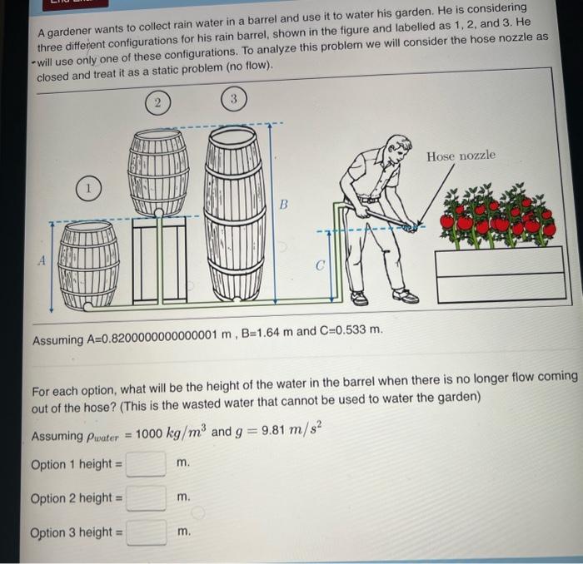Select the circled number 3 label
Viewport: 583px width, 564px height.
click(x=234, y=100)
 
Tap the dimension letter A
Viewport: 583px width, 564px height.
click(x=38, y=260)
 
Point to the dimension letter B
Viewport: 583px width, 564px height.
click(x=282, y=203)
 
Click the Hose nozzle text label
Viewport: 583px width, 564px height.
click(x=461, y=156)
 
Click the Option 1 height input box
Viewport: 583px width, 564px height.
click(x=147, y=463)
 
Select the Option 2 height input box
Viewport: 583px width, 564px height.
click(x=147, y=497)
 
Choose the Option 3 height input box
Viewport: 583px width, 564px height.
click(x=147, y=532)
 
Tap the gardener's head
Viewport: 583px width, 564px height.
click(x=398, y=151)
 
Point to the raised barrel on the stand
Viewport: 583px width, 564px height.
click(x=157, y=171)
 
